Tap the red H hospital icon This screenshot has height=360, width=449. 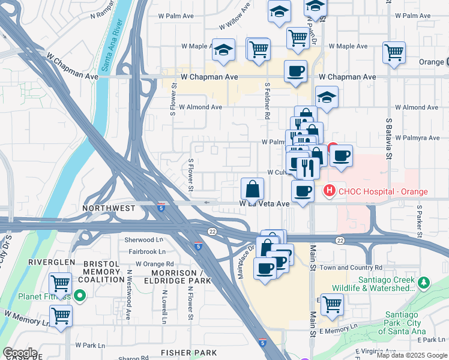(x=329, y=191)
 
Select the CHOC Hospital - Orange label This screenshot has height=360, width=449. (x=382, y=191)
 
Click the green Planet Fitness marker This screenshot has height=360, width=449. (x=80, y=296)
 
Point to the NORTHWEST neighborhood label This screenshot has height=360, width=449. (x=108, y=208)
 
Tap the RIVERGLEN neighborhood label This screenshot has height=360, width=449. (x=52, y=262)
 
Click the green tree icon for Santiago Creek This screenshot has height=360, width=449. (x=424, y=282)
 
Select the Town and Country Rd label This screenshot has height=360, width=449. (x=352, y=267)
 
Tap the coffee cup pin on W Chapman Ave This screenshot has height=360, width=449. (x=295, y=71)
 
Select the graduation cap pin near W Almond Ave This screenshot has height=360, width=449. (x=326, y=97)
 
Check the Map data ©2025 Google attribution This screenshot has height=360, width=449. (x=412, y=355)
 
